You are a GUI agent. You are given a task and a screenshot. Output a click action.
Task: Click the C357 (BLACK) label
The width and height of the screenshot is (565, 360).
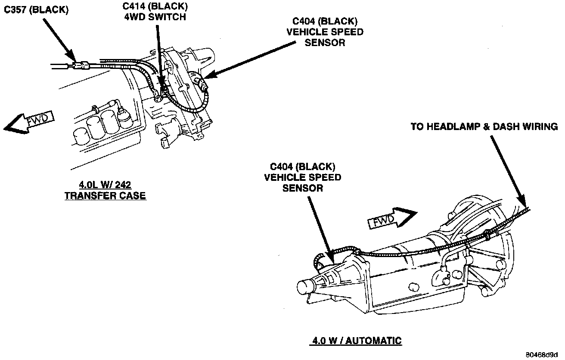tap(36, 10)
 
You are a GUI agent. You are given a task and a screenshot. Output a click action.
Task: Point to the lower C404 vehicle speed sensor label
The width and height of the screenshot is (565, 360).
tap(303, 177)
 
